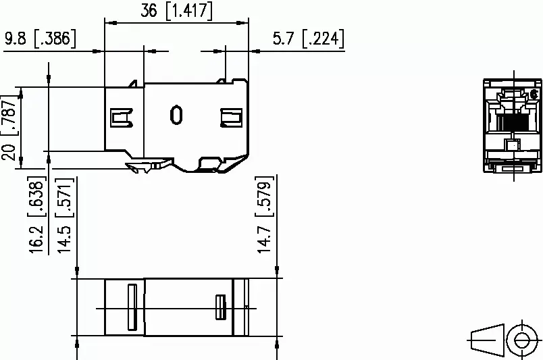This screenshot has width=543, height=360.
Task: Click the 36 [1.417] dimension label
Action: coord(176,11)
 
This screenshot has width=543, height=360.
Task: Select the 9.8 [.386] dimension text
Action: coord(40,38)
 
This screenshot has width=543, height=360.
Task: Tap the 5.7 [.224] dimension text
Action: coord(309,38)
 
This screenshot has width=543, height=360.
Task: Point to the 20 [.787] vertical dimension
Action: coord(9,128)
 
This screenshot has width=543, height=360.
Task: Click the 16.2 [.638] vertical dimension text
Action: coord(36,215)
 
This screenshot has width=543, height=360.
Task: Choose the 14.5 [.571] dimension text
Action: coord(65,215)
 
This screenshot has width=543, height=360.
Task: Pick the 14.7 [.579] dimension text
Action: coord(265,215)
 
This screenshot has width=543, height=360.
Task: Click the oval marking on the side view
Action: coord(176,115)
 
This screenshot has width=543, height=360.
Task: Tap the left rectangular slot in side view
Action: coord(121,118)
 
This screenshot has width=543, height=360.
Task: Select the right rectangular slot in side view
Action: coord(232,118)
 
